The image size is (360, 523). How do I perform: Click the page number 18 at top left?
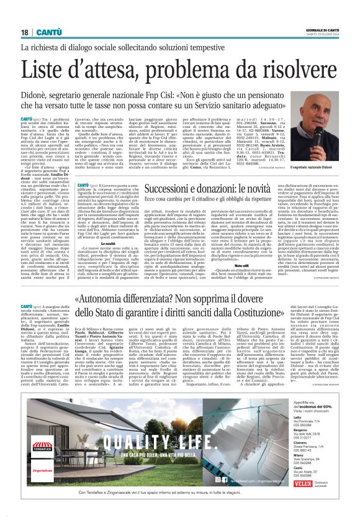24,32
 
